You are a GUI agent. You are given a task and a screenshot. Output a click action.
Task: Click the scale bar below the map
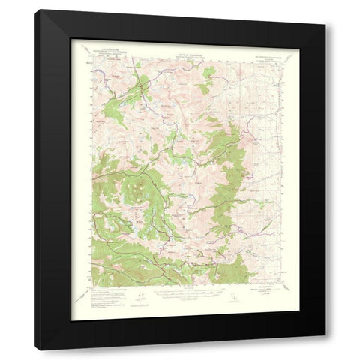tap(180, 294)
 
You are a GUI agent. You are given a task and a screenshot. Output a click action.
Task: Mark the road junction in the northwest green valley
tap(137, 89)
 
